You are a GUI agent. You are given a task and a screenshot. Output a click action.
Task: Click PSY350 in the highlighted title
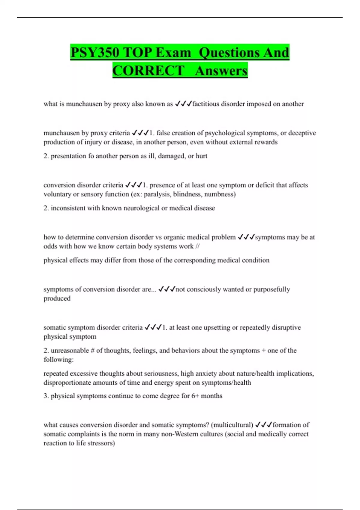95,53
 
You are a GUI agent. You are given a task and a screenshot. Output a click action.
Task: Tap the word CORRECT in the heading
148,71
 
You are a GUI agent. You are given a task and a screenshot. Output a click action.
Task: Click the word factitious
206,104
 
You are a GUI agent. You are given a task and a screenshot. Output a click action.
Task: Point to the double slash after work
197,246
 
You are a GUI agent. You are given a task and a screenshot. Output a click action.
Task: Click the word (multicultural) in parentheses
232,425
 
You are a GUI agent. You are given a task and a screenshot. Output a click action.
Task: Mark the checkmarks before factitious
183,104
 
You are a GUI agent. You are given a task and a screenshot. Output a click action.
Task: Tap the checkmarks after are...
166,289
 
